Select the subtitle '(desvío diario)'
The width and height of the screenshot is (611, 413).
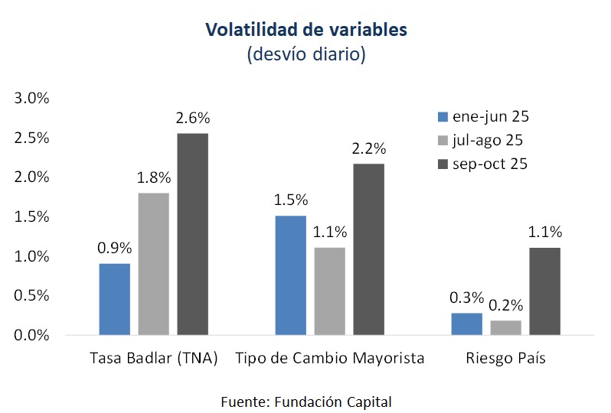(305, 55)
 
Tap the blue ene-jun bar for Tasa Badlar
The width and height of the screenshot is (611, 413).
(115, 299)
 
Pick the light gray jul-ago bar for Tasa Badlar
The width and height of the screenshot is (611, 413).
(154, 264)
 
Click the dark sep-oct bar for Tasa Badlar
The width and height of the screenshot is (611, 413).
(192, 234)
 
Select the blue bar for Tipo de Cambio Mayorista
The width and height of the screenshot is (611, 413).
(291, 275)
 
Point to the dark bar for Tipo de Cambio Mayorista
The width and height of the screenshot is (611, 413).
(368, 249)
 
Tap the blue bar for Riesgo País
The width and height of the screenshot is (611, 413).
(467, 324)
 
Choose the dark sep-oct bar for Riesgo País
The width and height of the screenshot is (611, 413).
(544, 291)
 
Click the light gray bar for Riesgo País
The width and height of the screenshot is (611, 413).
(505, 327)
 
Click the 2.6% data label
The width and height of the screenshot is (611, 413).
(192, 119)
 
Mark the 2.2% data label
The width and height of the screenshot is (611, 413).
(368, 148)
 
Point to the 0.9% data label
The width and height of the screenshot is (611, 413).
(115, 248)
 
